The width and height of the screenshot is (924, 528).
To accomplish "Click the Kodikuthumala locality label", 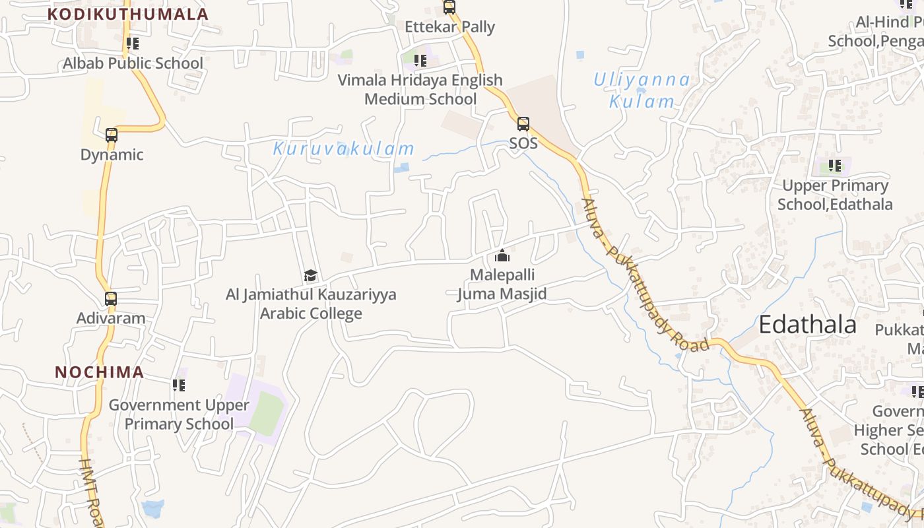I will pyautogui.click(x=128, y=14).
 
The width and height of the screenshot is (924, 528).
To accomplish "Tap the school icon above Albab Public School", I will pyautogui.click(x=133, y=44).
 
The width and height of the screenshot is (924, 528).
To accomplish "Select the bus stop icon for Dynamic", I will pyautogui.click(x=112, y=135).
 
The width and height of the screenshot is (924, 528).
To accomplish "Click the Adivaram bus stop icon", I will pyautogui.click(x=111, y=299).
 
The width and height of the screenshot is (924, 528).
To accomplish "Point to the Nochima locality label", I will pyautogui.click(x=100, y=372).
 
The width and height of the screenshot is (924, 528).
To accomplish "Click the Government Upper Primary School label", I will pyautogui.click(x=179, y=414).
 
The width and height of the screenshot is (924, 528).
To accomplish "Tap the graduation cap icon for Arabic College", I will pyautogui.click(x=310, y=275).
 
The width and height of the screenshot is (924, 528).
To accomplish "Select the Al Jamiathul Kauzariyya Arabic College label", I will pyautogui.click(x=311, y=304).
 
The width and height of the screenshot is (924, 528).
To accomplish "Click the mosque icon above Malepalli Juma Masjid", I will pyautogui.click(x=502, y=255).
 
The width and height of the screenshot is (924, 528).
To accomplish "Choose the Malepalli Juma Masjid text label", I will pyautogui.click(x=502, y=284).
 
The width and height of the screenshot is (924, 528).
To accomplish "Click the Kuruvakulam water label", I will pyautogui.click(x=344, y=148).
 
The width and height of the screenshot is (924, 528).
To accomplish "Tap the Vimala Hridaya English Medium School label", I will pyautogui.click(x=420, y=89).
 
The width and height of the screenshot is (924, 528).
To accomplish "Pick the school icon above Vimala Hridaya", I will pyautogui.click(x=420, y=61).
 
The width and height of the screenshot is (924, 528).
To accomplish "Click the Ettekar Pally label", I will pyautogui.click(x=449, y=27).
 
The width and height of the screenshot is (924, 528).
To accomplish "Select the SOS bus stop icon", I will pyautogui.click(x=523, y=123).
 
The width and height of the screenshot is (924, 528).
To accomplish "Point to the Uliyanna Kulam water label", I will pyautogui.click(x=642, y=90).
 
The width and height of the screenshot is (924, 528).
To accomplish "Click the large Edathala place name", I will pyautogui.click(x=807, y=325).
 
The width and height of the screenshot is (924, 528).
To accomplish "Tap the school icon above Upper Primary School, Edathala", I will pyautogui.click(x=835, y=166).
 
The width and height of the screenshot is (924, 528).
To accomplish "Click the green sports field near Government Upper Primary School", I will pyautogui.click(x=266, y=412).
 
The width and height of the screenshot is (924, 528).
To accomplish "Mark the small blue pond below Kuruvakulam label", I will pyautogui.click(x=401, y=168).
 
